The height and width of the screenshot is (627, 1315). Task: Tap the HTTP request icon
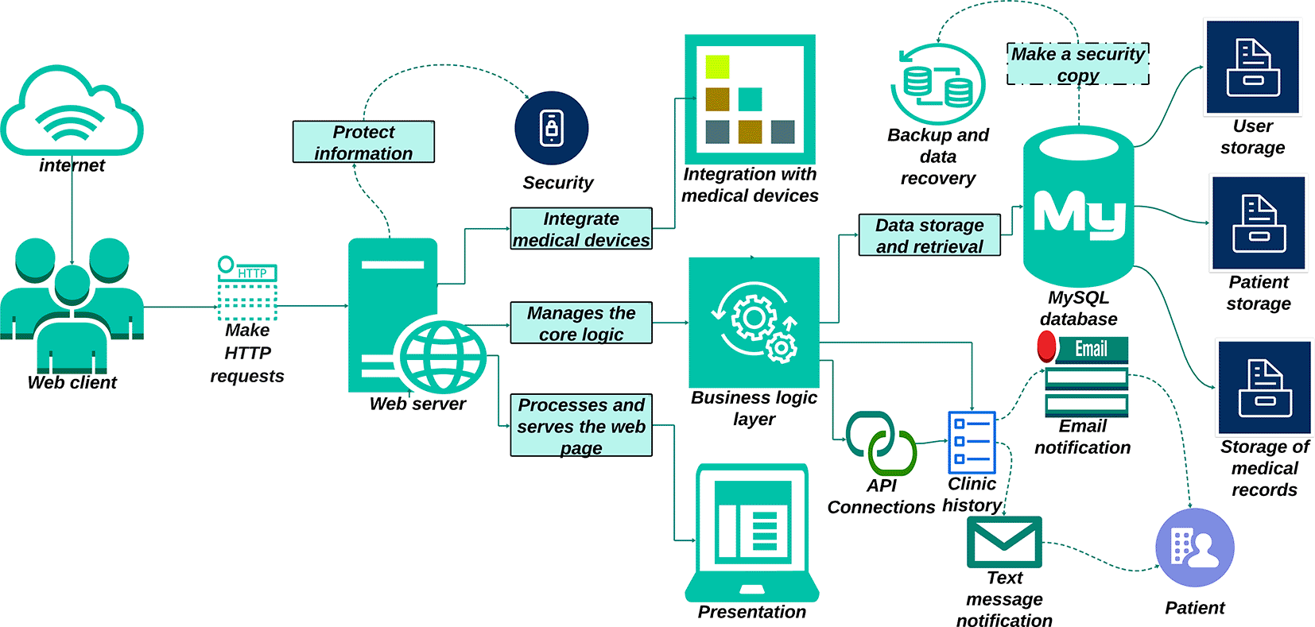click(247, 288)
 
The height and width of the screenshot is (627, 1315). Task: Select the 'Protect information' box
click(363, 142)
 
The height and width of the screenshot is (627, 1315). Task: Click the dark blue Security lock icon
click(551, 128)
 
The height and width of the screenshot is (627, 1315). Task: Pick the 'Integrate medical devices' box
click(581, 229)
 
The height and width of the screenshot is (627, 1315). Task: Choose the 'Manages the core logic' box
click(581, 323)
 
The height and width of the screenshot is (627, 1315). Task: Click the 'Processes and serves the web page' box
click(581, 425)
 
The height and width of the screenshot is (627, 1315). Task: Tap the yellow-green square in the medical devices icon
click(717, 67)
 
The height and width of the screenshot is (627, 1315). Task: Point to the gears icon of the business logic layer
click(754, 322)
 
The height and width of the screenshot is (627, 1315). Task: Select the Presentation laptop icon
click(752, 532)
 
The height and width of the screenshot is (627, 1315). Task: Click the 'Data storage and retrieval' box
click(929, 234)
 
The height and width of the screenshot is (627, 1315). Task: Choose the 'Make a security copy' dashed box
click(1078, 64)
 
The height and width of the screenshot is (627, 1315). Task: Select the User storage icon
click(1253, 67)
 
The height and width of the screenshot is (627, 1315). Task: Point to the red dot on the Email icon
click(1047, 346)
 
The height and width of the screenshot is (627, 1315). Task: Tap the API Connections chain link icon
click(881, 443)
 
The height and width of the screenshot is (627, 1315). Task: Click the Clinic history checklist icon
click(972, 443)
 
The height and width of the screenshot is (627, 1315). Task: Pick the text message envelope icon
click(1004, 542)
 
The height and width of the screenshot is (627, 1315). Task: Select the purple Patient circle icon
click(1195, 548)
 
